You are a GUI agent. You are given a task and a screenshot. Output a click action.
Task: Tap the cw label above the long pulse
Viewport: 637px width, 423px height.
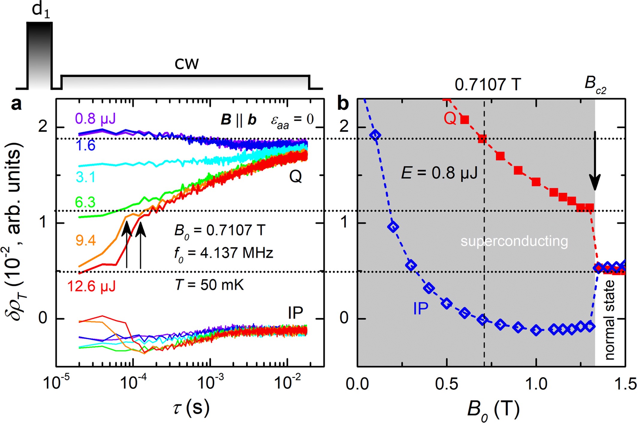[186, 64]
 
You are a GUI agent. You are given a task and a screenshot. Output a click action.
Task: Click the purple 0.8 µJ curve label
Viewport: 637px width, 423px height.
[95, 119]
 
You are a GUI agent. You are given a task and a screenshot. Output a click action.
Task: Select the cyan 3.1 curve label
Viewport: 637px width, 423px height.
[85, 177]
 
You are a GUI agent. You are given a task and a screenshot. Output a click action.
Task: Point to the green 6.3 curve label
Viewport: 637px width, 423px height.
[85, 202]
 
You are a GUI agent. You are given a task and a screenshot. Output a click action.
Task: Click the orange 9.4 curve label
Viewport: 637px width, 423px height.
[86, 240]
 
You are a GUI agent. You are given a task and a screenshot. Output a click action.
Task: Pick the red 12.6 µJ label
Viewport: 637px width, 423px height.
[91, 286]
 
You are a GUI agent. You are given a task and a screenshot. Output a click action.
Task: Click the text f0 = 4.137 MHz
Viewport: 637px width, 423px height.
[223, 253]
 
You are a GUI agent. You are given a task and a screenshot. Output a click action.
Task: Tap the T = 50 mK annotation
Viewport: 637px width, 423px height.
[209, 285]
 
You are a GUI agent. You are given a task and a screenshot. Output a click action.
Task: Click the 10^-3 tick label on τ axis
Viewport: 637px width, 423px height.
[210, 382]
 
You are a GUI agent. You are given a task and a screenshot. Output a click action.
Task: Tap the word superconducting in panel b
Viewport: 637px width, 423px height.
[514, 241]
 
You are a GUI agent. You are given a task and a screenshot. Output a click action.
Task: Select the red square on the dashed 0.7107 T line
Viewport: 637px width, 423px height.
[482, 139]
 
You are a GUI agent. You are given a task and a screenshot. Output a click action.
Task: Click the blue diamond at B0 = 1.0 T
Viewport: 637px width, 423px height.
[536, 330]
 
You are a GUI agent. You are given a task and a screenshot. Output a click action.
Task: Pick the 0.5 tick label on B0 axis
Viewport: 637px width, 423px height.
[447, 384]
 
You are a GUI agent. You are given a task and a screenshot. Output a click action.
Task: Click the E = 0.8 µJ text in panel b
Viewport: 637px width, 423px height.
[439, 173]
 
